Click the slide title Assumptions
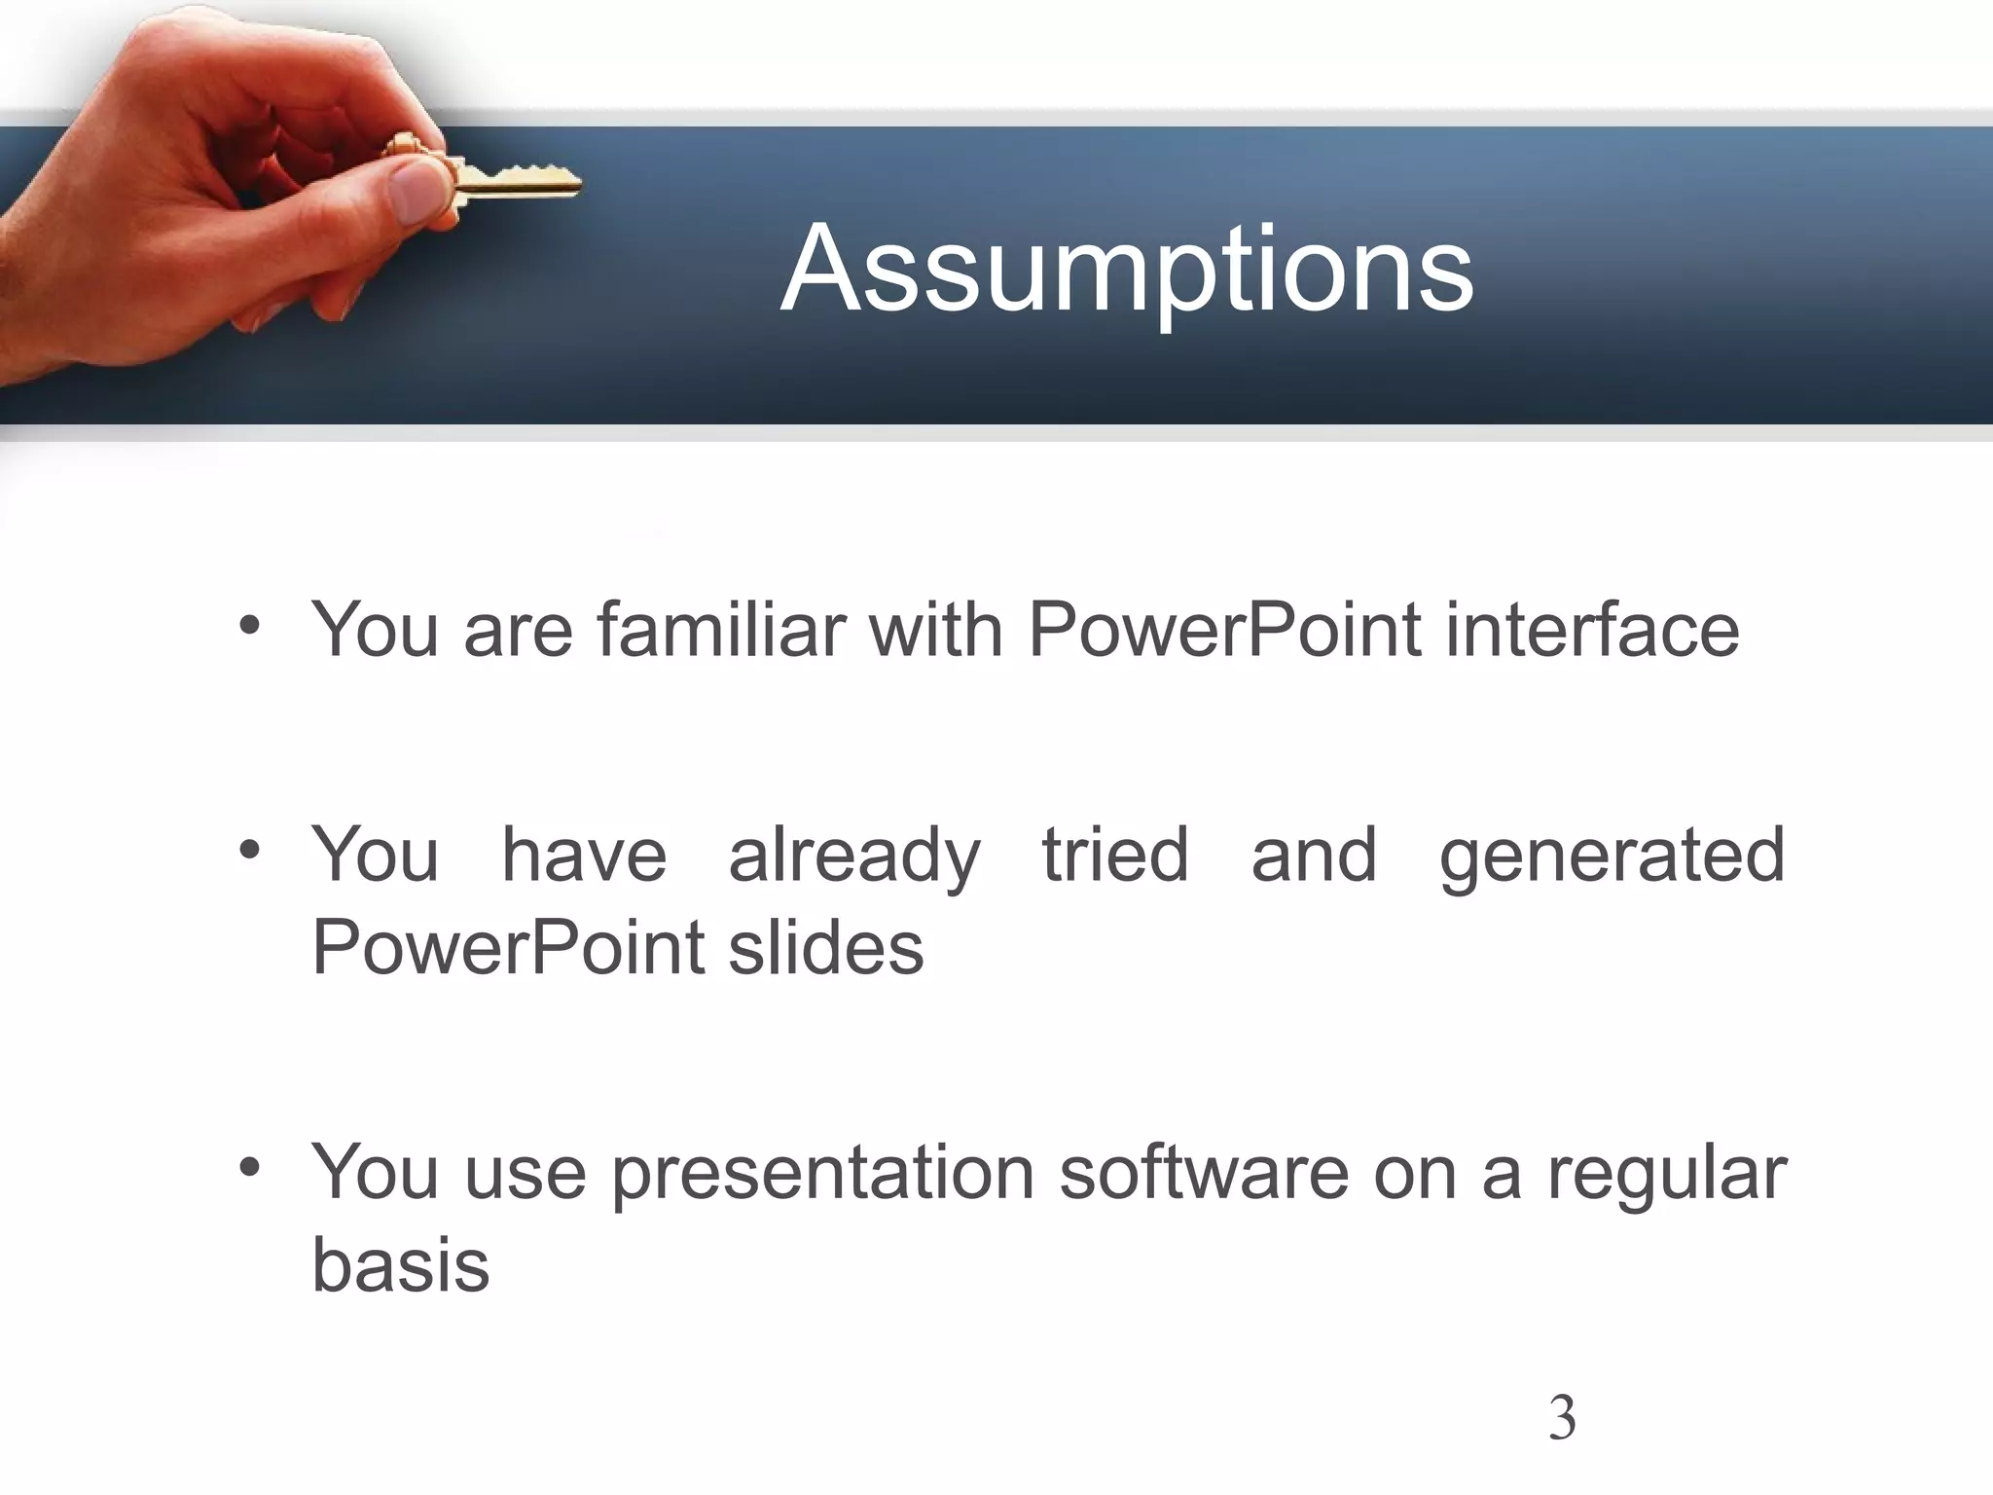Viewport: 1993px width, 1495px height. [x=1127, y=270]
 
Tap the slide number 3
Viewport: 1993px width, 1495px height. [x=1561, y=1418]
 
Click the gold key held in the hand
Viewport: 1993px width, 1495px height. [x=516, y=182]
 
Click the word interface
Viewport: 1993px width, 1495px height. [x=1592, y=630]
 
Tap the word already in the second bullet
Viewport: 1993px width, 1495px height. [x=854, y=856]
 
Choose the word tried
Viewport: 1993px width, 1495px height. [x=1115, y=856]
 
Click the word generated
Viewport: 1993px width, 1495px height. [x=1612, y=856]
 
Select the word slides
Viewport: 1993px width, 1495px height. [x=825, y=948]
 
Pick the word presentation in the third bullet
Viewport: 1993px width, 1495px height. [x=823, y=1175]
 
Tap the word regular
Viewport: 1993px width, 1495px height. [x=1667, y=1175]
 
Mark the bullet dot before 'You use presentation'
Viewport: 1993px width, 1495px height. [x=250, y=1167]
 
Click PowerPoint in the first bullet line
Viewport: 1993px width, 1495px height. [x=1224, y=630]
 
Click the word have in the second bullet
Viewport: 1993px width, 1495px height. [x=584, y=856]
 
